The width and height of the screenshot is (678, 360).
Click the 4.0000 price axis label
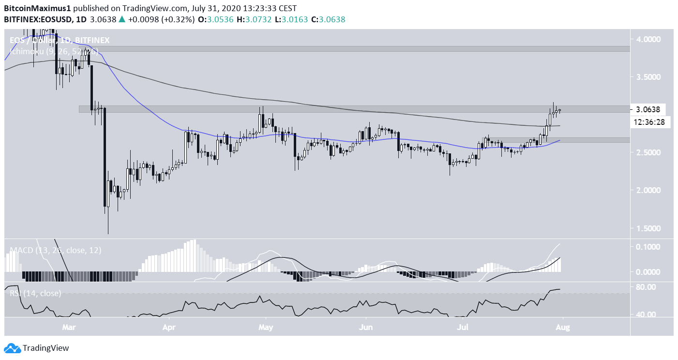(649, 39)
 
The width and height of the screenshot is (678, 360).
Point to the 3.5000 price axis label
(649, 77)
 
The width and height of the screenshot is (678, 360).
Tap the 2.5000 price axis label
(649, 152)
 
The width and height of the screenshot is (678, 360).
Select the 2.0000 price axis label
(649, 190)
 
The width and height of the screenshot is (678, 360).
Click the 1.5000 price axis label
(649, 228)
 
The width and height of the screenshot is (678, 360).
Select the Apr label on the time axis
(168, 327)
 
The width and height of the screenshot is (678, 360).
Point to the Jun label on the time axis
(365, 327)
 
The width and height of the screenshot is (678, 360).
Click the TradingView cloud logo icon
(12, 348)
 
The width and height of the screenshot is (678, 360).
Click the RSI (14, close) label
(35, 293)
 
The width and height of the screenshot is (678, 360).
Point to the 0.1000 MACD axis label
(649, 247)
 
